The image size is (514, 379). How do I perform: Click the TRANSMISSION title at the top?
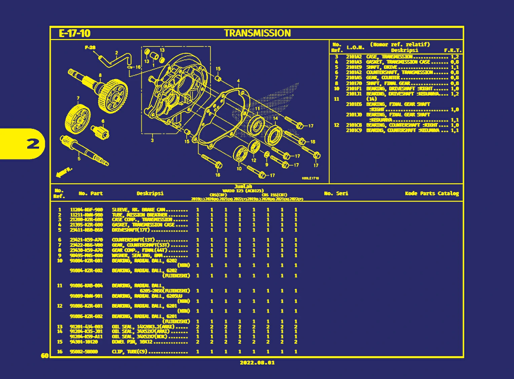[x=257, y=33]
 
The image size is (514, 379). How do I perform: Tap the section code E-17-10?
[x=75, y=33]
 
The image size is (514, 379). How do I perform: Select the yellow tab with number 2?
[x=33, y=144]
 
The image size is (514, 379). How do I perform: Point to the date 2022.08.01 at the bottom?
[x=257, y=363]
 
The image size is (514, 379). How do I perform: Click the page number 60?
[x=44, y=356]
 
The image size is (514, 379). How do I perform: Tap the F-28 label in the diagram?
[x=90, y=48]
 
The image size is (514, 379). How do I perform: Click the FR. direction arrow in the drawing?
[x=64, y=173]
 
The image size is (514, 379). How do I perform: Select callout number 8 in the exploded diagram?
[x=100, y=75]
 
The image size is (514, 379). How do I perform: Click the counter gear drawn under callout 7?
[x=77, y=119]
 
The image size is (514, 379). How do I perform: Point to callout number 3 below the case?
[x=152, y=140]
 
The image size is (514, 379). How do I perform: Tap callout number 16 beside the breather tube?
[x=138, y=67]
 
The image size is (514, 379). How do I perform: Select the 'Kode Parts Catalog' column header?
[x=432, y=193]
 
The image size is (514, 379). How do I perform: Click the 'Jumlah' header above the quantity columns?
[x=243, y=186]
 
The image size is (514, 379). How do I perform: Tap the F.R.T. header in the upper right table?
[x=452, y=50]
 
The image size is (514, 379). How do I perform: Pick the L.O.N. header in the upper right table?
[x=355, y=47]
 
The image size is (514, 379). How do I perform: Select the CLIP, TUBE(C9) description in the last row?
[x=130, y=352]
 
